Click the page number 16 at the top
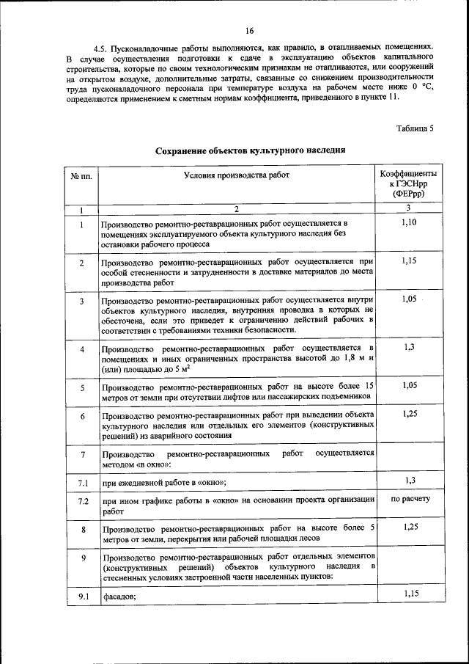(250, 30)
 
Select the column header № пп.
(81, 176)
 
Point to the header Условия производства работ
(237, 175)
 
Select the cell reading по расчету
(410, 499)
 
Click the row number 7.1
(82, 482)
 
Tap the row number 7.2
(82, 500)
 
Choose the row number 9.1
(82, 596)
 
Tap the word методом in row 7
(119, 463)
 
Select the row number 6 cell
(82, 417)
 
